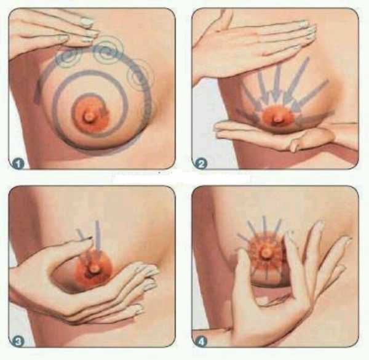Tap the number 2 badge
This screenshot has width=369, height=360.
pyautogui.click(x=201, y=164)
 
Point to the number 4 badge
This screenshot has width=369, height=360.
pyautogui.click(x=201, y=341)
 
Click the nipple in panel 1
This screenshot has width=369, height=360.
pyautogui.click(x=88, y=116)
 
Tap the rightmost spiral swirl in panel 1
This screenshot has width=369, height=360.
pyautogui.click(x=140, y=76)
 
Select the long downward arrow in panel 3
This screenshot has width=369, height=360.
pyautogui.click(x=97, y=237)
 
